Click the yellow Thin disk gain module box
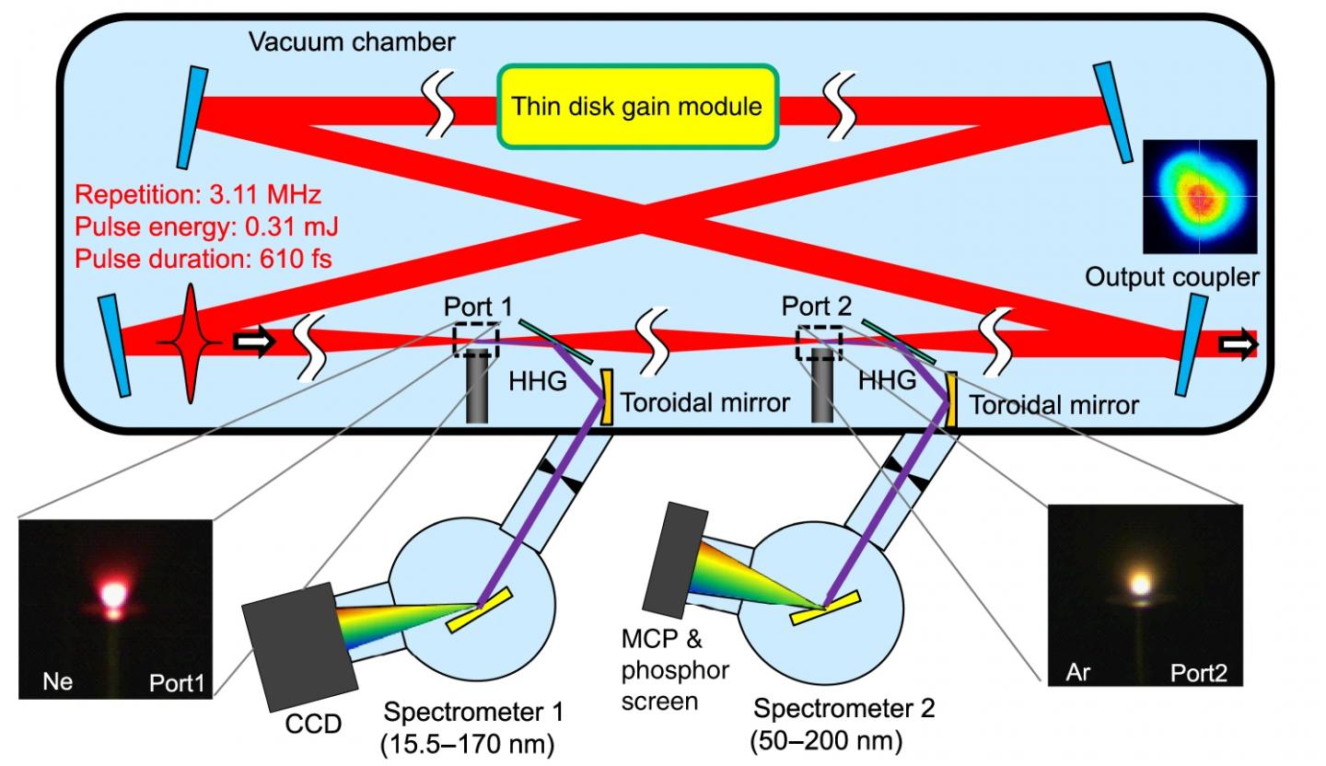[636, 106]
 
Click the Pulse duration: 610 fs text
[204, 260]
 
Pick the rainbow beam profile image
[1199, 196]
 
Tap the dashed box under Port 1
[476, 339]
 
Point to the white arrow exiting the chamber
[1234, 343]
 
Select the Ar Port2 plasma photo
[1146, 596]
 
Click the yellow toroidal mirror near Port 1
[608, 398]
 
